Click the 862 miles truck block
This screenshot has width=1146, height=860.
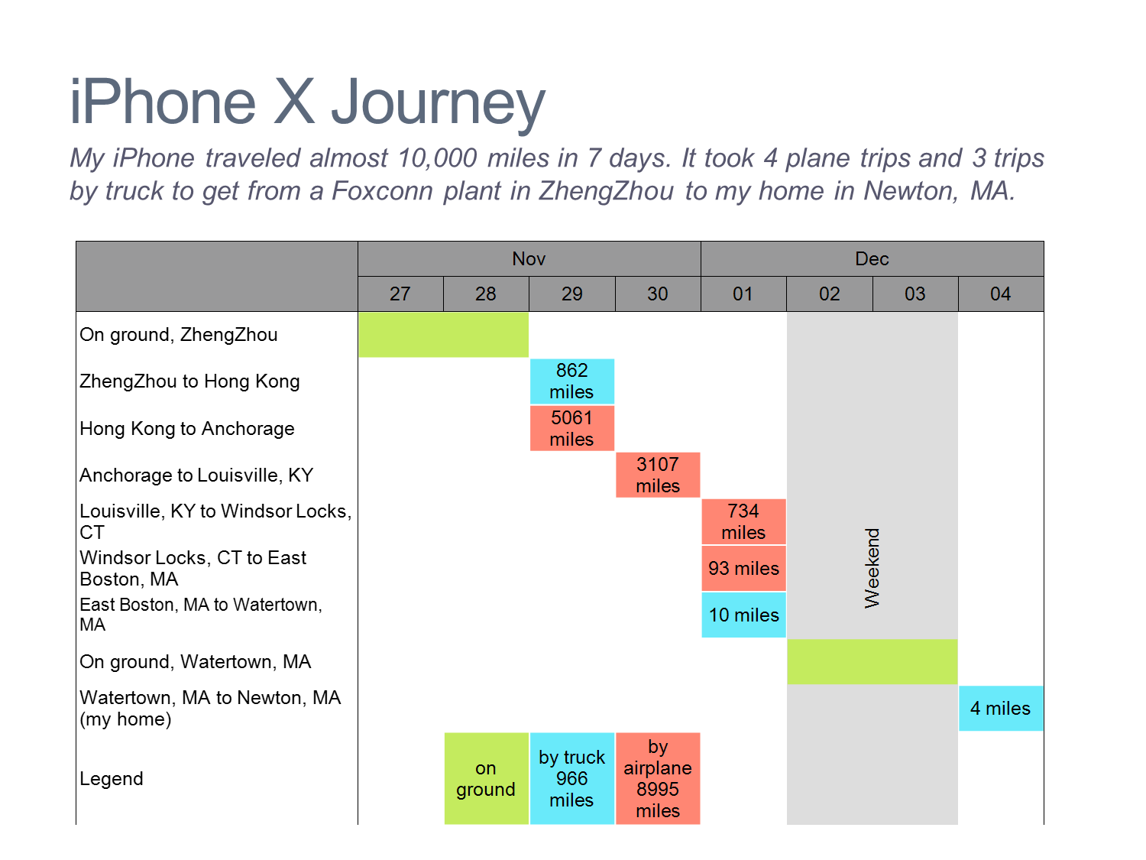point(571,381)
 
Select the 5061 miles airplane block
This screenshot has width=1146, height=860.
point(571,428)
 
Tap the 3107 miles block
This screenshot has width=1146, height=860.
point(658,475)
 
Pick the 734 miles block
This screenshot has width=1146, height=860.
point(743,521)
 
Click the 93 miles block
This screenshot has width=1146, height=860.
point(743,568)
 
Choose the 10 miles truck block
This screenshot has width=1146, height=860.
point(743,615)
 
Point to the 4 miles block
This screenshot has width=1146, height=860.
point(1000,709)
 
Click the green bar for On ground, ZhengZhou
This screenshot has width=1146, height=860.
point(443,335)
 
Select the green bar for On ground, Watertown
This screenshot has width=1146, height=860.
point(872,661)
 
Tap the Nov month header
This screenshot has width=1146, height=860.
point(529,259)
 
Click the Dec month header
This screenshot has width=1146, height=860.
point(872,259)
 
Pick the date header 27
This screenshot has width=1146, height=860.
point(400,294)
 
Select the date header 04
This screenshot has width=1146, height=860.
point(1000,294)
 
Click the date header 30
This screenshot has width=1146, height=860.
point(658,294)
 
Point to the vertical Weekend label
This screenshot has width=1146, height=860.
point(872,568)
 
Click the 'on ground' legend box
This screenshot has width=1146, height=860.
point(486,778)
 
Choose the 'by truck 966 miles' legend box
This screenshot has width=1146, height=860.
point(571,778)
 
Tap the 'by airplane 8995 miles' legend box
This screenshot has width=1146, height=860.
point(658,778)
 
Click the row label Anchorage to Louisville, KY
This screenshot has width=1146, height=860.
point(196,475)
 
